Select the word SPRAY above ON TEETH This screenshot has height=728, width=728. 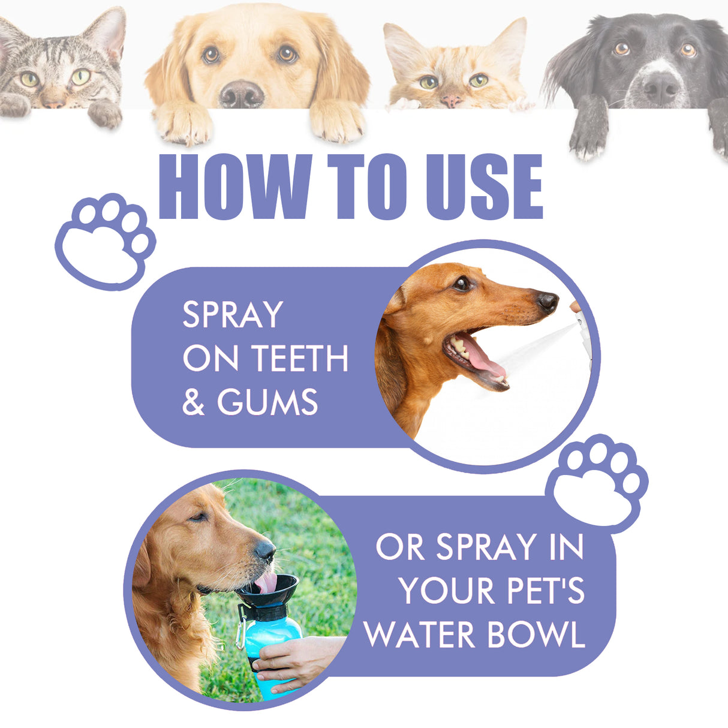233,315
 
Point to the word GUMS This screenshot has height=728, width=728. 267,402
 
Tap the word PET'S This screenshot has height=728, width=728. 545,591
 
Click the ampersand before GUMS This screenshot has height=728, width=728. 193,402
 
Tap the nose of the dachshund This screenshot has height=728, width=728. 547,301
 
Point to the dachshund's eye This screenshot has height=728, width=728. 461,284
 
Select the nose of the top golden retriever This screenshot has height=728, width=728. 241,94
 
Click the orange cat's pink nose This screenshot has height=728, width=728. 453,100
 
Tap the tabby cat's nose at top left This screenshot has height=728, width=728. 54,102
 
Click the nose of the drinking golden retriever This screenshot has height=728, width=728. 264,550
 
